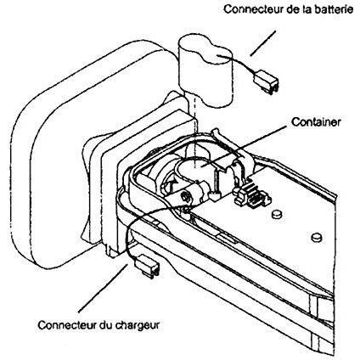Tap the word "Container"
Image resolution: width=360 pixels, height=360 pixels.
[x=316, y=122]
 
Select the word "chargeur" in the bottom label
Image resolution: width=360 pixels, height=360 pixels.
[x=138, y=325]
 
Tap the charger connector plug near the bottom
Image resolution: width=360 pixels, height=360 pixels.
[x=148, y=266]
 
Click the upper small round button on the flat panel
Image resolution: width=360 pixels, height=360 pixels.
[x=277, y=214]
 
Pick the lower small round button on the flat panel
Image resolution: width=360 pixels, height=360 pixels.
[x=317, y=237]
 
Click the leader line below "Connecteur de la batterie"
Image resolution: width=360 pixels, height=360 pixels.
[x=262, y=43]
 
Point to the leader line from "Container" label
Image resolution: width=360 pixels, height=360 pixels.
[x=247, y=146]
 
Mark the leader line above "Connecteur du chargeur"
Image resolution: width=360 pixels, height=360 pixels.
[x=101, y=287]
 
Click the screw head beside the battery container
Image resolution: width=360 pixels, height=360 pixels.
[x=186, y=196]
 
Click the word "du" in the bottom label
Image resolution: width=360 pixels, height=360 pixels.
[x=106, y=325]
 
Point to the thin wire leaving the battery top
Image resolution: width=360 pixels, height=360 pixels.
[x=239, y=65]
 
